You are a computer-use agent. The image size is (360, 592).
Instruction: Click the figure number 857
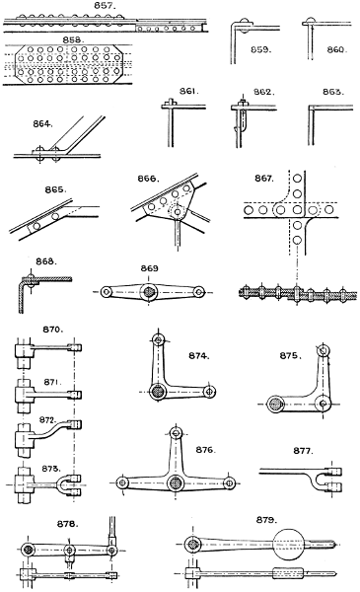104,6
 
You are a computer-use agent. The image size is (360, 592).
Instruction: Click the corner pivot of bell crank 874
157,393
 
